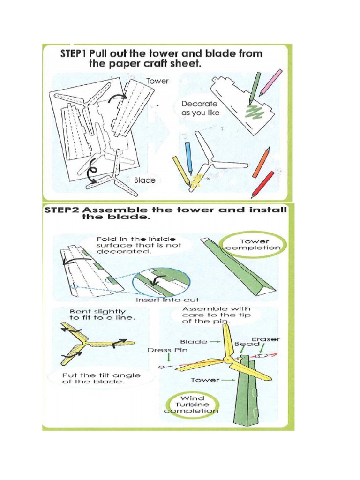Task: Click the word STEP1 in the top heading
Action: pos(74,54)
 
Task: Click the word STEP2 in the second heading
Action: pos(60,210)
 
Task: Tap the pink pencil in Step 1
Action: pos(271,82)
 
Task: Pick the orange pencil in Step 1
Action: pos(261,162)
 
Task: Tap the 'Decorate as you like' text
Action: pos(200,108)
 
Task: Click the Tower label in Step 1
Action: pos(157,81)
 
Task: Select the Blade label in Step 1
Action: pos(144,180)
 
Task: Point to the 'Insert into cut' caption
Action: pos(167,300)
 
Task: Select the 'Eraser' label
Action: pos(266,339)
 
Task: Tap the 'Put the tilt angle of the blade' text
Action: pos(101,378)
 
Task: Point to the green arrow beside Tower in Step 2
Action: pos(228,380)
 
